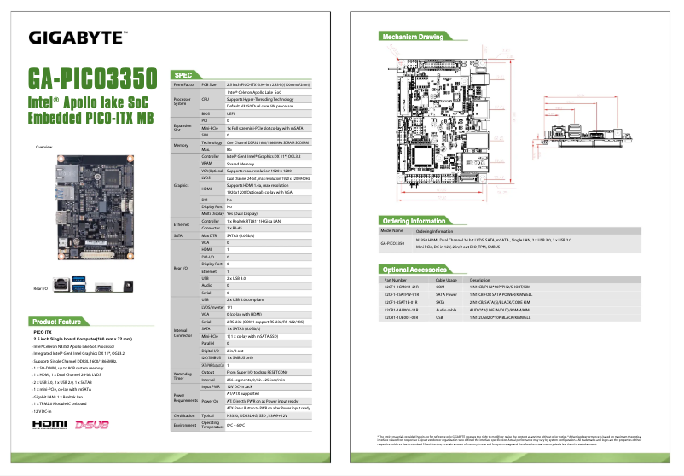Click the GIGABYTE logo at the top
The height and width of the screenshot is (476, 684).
point(78,37)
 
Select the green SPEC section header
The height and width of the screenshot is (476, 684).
point(187,75)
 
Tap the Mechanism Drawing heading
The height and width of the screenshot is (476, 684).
point(412,37)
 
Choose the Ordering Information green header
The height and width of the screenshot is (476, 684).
point(414,221)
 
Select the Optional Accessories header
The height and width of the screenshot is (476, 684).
point(415,270)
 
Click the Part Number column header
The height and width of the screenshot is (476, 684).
point(396,280)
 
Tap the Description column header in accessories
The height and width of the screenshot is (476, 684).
point(480,280)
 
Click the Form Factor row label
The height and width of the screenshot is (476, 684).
point(183,84)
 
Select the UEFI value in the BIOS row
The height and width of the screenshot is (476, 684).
point(230,112)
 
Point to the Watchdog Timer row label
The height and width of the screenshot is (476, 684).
point(183,375)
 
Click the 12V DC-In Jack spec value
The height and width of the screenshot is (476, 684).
point(241,386)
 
